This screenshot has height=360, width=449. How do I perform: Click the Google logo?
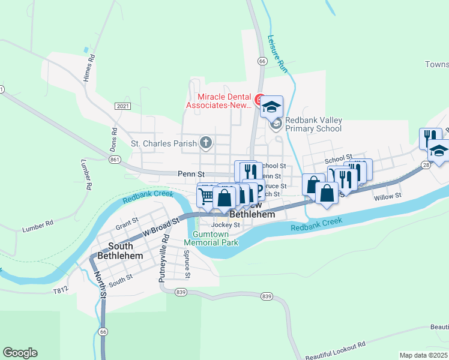click(x=20, y=353)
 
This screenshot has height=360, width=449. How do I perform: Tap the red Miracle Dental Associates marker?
click(x=259, y=99)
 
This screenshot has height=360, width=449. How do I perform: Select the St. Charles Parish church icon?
click(x=206, y=143)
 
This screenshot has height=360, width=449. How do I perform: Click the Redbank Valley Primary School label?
click(x=313, y=124)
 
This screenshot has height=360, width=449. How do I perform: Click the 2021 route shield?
click(x=122, y=106)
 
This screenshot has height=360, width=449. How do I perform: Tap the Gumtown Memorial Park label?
click(x=211, y=238)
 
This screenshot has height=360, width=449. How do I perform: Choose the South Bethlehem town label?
click(x=125, y=251)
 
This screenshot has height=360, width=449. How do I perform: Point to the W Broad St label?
click(x=161, y=227)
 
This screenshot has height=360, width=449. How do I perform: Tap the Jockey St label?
click(x=226, y=225)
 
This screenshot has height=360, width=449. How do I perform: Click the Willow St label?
click(x=387, y=196)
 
